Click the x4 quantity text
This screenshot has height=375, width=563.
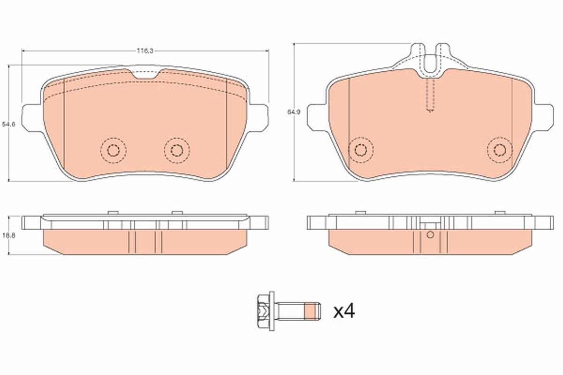pyautogui.click(x=344, y=311)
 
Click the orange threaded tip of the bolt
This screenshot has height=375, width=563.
pyautogui.click(x=311, y=311)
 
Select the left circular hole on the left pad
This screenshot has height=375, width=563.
pyautogui.click(x=113, y=150)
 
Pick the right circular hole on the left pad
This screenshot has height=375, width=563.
pyautogui.click(x=176, y=150)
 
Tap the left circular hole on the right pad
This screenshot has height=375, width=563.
pyautogui.click(x=360, y=150)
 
